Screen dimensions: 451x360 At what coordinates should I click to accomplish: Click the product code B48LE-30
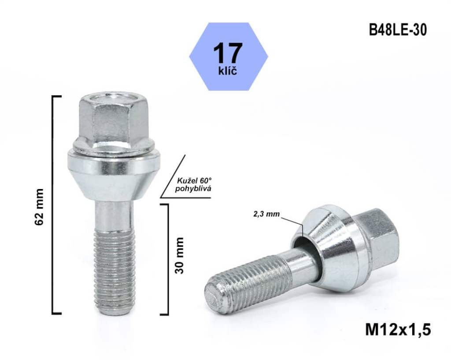click(398, 30)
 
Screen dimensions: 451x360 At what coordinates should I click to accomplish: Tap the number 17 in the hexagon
click(228, 53)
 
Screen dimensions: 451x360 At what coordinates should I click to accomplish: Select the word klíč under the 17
click(228, 70)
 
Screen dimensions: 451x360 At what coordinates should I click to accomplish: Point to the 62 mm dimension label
click(39, 207)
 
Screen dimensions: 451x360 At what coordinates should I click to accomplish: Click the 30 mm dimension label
click(179, 256)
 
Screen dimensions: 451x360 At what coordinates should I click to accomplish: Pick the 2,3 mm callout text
click(266, 214)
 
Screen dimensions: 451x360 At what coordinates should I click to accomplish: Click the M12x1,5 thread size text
click(398, 330)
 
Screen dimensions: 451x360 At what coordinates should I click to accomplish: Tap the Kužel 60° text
click(194, 181)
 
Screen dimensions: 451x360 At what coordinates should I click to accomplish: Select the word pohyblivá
click(193, 189)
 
